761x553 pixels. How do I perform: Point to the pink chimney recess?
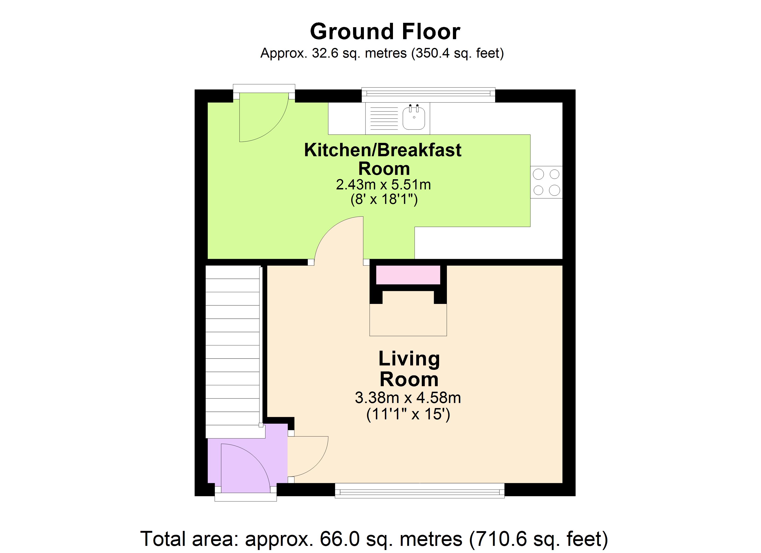click(408, 275)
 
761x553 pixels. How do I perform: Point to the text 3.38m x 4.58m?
click(408, 398)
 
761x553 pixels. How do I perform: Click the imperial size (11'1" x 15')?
click(408, 415)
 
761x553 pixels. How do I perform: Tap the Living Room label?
click(409, 369)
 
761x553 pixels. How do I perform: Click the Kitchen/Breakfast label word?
click(383, 150)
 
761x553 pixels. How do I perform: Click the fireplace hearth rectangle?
click(408, 320)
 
